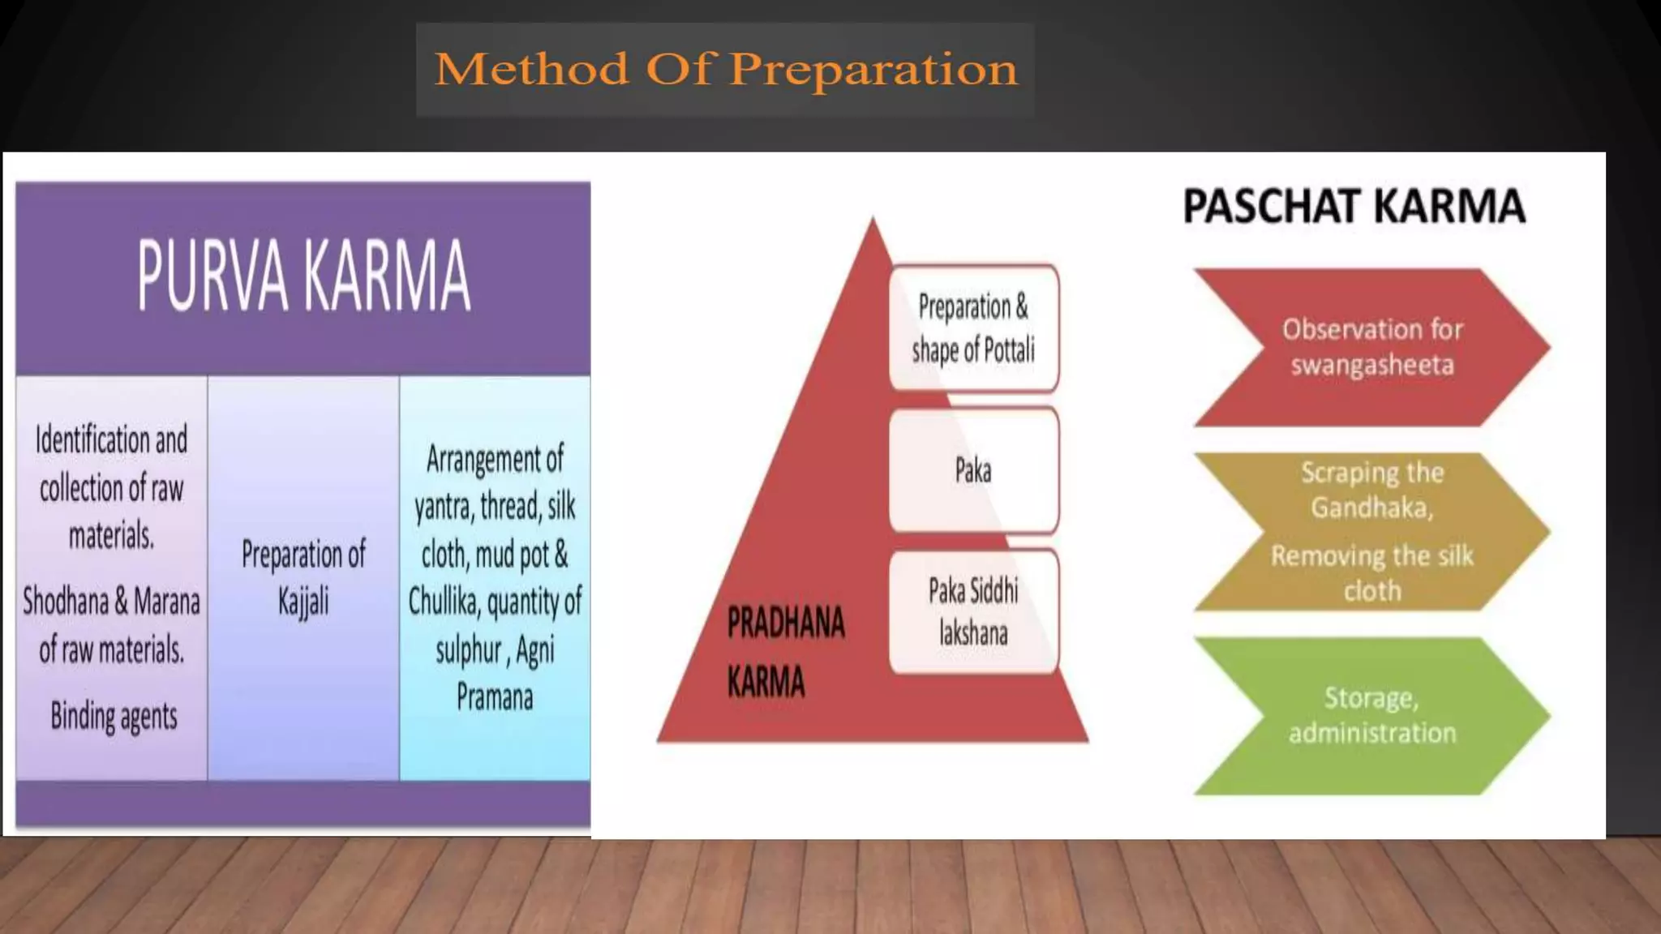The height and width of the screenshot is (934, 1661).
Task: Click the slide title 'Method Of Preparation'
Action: tap(725, 69)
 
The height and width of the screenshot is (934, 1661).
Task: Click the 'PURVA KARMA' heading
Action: tap(303, 276)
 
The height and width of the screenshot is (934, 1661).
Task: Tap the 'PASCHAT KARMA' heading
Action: tap(1354, 206)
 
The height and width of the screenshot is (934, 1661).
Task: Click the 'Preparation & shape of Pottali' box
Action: tap(973, 328)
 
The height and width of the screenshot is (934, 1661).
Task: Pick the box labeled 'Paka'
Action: tap(973, 470)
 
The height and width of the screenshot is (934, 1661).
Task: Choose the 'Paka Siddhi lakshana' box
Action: tap(973, 611)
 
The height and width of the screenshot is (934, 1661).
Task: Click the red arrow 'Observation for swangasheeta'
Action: tap(1371, 347)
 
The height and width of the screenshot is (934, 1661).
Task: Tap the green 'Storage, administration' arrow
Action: tap(1371, 715)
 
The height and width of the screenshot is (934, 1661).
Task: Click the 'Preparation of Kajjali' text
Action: tap(303, 577)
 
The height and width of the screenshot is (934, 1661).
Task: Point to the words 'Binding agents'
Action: tap(114, 716)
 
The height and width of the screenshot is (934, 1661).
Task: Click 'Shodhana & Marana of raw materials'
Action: tap(111, 625)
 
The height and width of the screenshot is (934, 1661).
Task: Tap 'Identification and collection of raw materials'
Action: tap(111, 487)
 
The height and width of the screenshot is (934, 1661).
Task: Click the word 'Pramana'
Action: tap(495, 697)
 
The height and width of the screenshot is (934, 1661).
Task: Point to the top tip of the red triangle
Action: tap(873, 220)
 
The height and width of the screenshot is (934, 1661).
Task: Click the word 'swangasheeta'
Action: tap(1372, 366)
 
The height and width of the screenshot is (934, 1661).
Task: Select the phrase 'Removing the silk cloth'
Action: tap(1371, 572)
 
